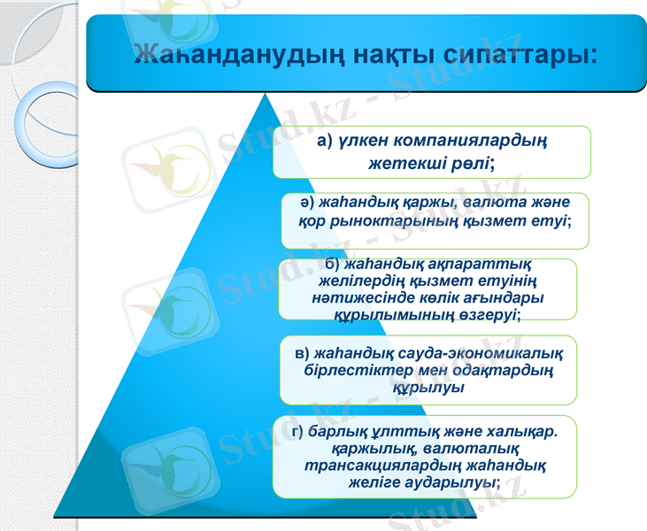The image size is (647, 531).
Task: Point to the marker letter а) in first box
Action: [x=324, y=141]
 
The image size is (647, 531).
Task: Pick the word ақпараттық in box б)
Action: [x=450, y=265]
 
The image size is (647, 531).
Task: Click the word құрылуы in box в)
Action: [x=433, y=387]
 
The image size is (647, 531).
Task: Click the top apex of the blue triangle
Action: [x=266, y=91]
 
